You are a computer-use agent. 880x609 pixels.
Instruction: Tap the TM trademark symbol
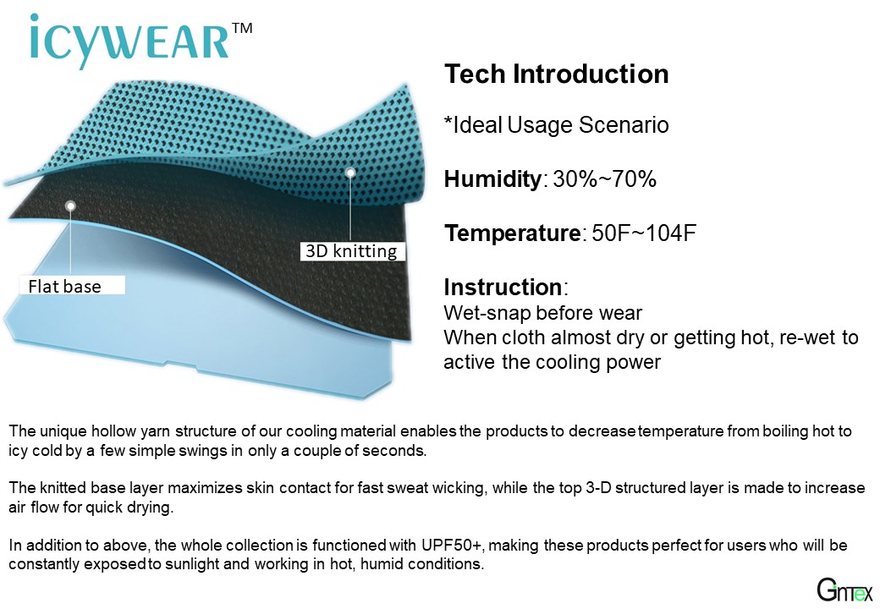pyautogui.click(x=241, y=29)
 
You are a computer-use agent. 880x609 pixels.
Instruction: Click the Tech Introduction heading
pyautogui.click(x=557, y=74)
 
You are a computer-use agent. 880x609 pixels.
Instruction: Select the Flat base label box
pyautogui.click(x=73, y=286)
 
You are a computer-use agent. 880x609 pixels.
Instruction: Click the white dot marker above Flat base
pyautogui.click(x=70, y=206)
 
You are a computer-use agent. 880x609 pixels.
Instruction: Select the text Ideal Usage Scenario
pyautogui.click(x=561, y=126)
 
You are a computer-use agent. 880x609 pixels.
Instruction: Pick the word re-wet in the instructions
pyautogui.click(x=811, y=337)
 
